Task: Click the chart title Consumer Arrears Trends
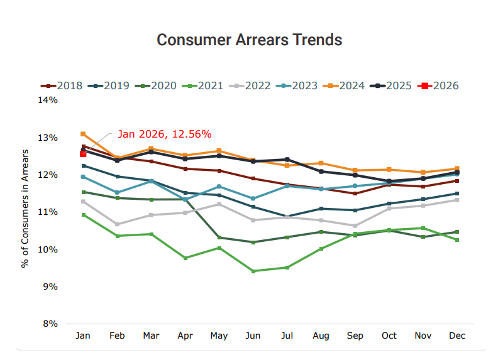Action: click(249, 40)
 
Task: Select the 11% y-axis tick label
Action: click(48, 212)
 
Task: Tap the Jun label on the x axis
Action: click(253, 336)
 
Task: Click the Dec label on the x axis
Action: click(457, 336)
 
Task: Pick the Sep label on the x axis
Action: click(355, 336)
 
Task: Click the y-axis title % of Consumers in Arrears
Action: click(26, 209)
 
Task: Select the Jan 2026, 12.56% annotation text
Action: click(164, 134)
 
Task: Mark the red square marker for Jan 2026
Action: click(83, 154)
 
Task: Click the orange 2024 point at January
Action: click(83, 134)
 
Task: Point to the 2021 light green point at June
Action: click(253, 271)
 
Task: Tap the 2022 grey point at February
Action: click(117, 224)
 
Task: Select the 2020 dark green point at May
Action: click(219, 237)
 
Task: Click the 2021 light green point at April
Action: click(185, 258)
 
